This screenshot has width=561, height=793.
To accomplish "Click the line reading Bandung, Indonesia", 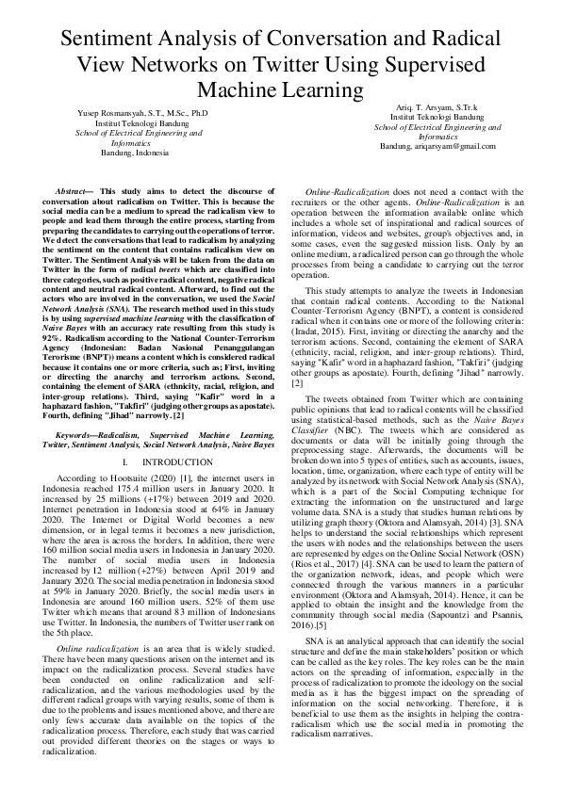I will tap(134, 151).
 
